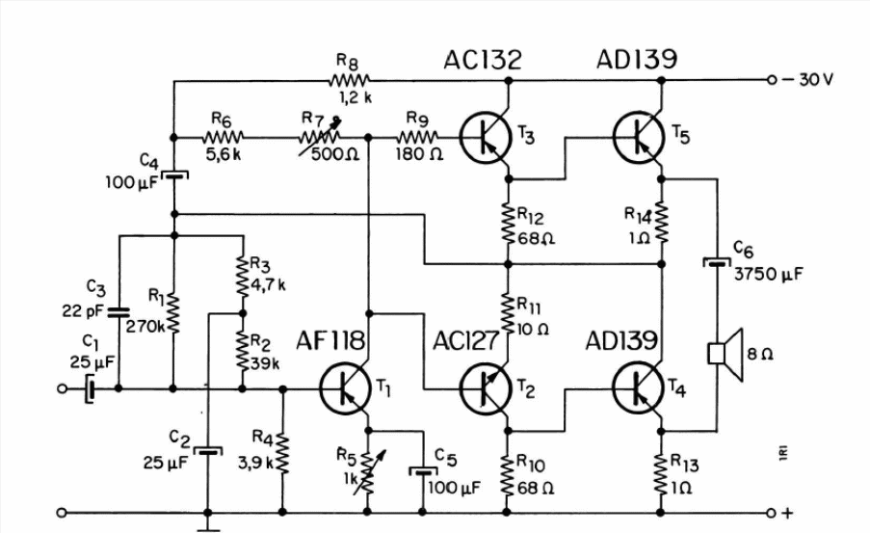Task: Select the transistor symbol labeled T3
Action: (486, 137)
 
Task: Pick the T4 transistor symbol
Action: (639, 388)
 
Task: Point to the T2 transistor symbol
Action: (486, 389)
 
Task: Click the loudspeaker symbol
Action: (725, 355)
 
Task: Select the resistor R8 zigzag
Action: (349, 81)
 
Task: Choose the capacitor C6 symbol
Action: (717, 261)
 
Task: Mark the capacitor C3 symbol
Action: (119, 312)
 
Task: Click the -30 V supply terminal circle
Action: (772, 80)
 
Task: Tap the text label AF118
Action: (330, 341)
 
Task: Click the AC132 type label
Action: (483, 60)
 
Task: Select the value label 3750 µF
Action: (769, 274)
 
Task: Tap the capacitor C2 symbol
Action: (209, 451)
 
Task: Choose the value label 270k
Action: (145, 327)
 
